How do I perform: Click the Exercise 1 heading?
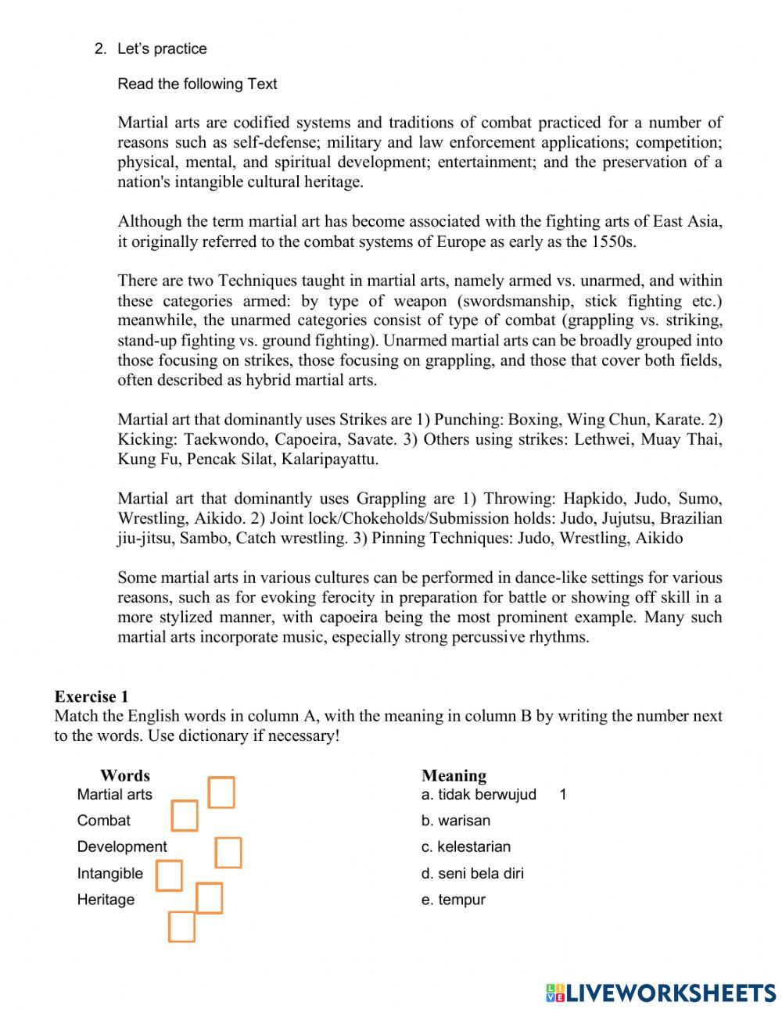(x=91, y=696)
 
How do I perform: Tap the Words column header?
(x=124, y=775)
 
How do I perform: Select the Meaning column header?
(x=454, y=775)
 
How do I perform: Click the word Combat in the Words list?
(x=103, y=821)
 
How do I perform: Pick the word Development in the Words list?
(x=122, y=846)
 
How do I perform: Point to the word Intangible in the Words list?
(x=109, y=873)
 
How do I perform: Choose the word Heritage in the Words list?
(x=106, y=900)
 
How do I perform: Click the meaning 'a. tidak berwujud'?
(x=479, y=795)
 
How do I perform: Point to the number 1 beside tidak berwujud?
(x=563, y=795)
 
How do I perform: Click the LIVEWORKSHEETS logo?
(x=661, y=993)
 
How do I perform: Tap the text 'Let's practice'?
(x=162, y=48)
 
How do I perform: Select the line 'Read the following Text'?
(x=197, y=84)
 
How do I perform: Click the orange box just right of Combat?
(x=185, y=816)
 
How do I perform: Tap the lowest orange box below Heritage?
(x=181, y=927)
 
